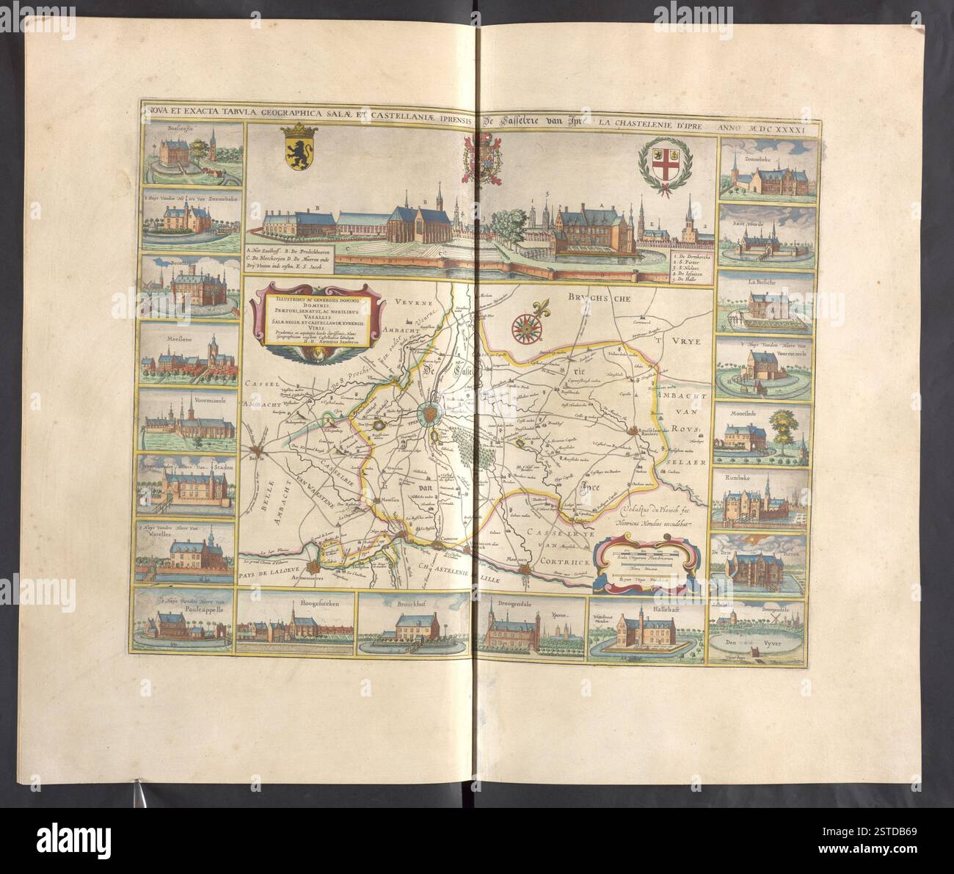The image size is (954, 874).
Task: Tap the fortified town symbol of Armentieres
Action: click(x=316, y=566)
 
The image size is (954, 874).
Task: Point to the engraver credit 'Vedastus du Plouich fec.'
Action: click(x=655, y=509)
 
